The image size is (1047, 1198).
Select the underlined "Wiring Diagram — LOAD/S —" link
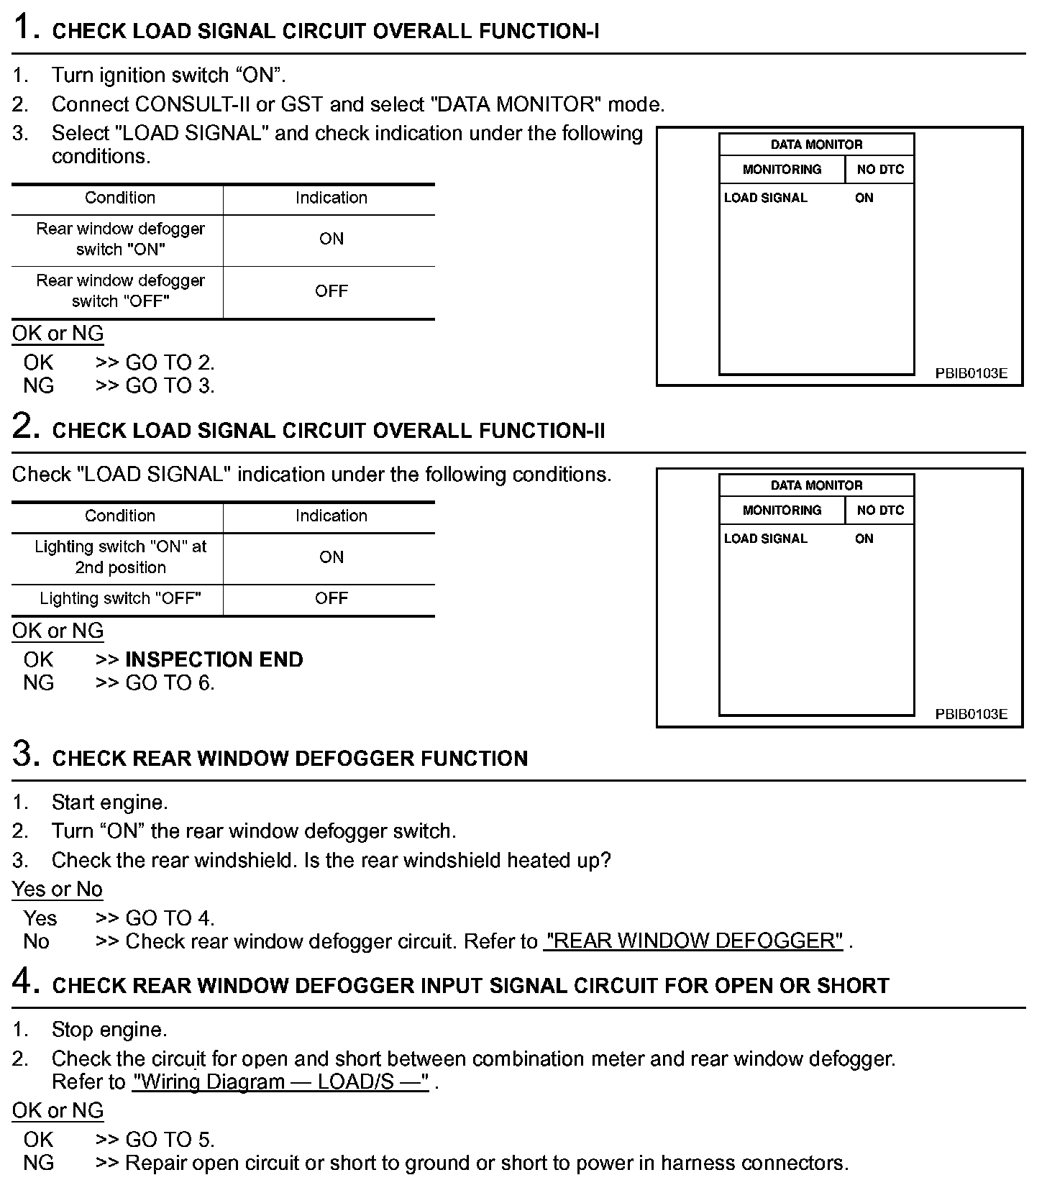click(280, 1082)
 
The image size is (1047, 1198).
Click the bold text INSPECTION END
click(214, 659)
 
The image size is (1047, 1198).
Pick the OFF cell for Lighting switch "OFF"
click(331, 598)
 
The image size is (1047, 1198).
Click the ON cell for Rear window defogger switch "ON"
click(331, 239)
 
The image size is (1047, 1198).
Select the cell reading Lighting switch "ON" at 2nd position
click(120, 557)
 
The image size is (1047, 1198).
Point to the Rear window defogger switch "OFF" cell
click(120, 291)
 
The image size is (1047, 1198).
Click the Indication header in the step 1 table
click(331, 198)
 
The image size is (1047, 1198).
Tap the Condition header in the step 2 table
click(120, 516)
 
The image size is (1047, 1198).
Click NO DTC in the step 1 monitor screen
click(880, 170)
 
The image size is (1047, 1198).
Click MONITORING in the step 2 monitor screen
click(782, 510)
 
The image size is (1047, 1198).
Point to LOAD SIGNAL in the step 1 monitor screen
click(765, 198)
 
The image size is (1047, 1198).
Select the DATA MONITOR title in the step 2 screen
click(816, 485)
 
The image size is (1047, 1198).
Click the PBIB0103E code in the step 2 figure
click(971, 714)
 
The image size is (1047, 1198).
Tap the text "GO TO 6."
click(170, 682)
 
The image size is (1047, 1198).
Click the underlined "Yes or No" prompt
click(58, 890)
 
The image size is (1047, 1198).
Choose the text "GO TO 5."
click(170, 1139)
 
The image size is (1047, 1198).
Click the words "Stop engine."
click(109, 1030)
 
